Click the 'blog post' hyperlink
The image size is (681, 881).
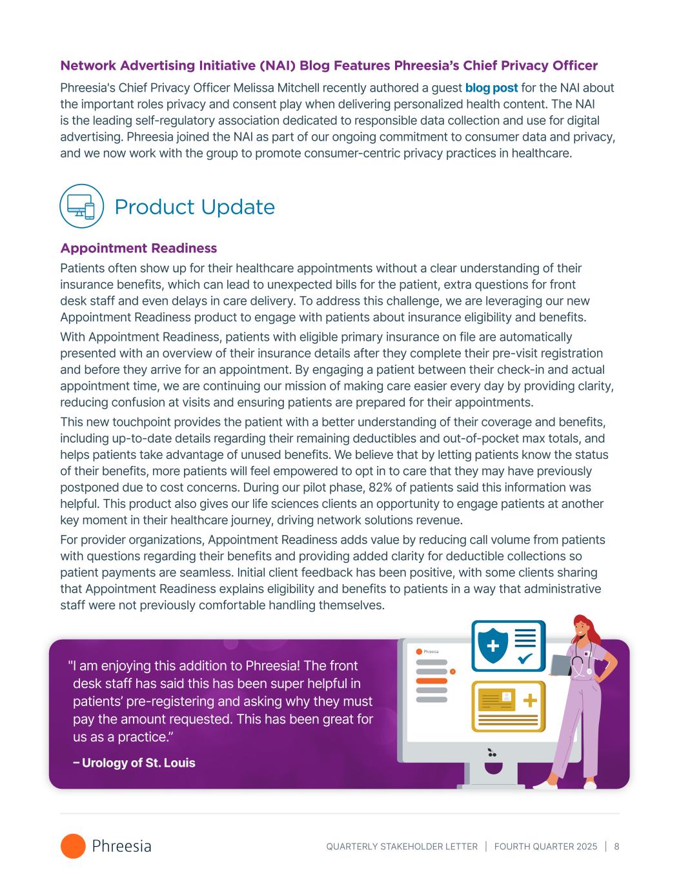491,88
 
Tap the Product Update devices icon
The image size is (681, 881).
81,206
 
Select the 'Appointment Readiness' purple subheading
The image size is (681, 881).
138,248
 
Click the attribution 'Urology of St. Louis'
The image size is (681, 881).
138,763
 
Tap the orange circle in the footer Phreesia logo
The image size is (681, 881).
73,846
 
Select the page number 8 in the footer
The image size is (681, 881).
616,846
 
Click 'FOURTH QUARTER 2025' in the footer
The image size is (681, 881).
545,846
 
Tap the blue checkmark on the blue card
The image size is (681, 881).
525,658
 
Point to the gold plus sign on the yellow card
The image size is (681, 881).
529,700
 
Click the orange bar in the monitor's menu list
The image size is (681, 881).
432,681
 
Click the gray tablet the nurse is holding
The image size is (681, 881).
560,665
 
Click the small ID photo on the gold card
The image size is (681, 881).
507,696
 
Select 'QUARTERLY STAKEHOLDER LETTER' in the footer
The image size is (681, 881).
401,846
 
